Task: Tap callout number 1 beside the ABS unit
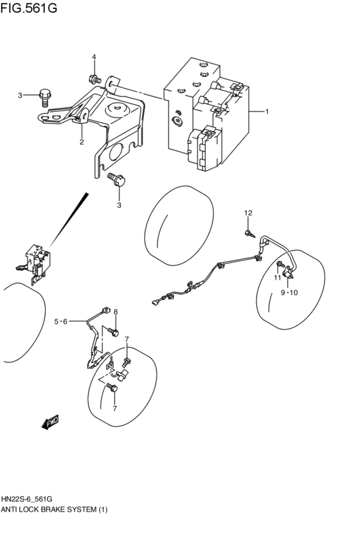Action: [x=267, y=111]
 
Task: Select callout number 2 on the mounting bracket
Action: [x=82, y=142]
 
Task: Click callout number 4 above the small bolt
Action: [x=93, y=57]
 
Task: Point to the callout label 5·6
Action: [x=60, y=321]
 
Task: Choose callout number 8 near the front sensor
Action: [x=116, y=312]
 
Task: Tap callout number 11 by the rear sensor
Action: [x=278, y=278]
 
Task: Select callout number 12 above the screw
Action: [x=248, y=213]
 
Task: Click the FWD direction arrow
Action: [x=50, y=422]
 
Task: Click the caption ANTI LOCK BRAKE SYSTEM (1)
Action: [x=55, y=510]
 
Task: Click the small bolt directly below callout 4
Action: [x=93, y=79]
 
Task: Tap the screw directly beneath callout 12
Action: [x=248, y=231]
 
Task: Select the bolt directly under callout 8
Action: [x=113, y=330]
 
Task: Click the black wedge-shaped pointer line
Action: [x=67, y=219]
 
